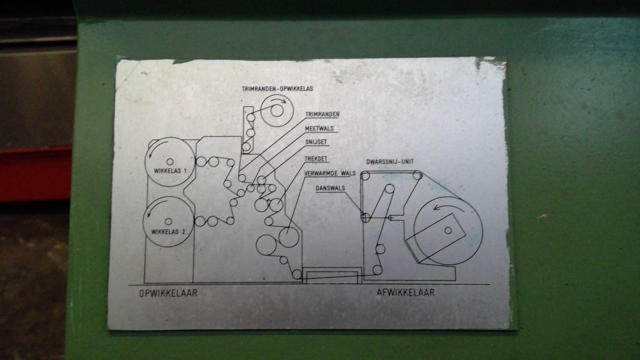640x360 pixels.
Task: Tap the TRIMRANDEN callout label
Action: tap(322, 115)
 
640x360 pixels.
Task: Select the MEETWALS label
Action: tap(318, 129)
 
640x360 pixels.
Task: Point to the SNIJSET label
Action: tap(316, 143)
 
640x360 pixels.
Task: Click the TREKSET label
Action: tap(316, 158)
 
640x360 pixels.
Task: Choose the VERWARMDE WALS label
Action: tap(330, 173)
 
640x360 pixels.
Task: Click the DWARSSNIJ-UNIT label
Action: tap(391, 161)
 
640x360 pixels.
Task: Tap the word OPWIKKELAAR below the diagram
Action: tap(168, 293)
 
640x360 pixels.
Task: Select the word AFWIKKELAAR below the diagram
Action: tap(405, 292)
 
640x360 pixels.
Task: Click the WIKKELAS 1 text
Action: tap(169, 171)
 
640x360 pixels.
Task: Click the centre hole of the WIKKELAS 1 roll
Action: tap(170, 161)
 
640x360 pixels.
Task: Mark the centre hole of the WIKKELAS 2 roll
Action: tap(168, 221)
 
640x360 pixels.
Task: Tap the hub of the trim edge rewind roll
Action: tap(277, 111)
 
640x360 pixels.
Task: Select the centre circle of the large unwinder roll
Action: tap(448, 230)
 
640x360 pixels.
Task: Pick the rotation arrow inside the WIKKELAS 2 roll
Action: tap(151, 213)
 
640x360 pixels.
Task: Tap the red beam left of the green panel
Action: tap(35, 173)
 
